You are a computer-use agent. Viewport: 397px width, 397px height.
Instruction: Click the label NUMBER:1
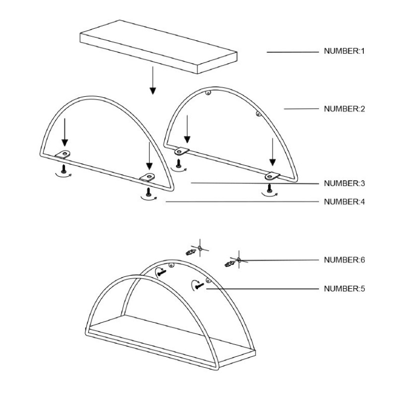pyautogui.click(x=344, y=51)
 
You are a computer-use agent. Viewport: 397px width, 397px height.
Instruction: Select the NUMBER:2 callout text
pyautogui.click(x=344, y=109)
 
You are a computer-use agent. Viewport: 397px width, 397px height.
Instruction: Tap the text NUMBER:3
pyautogui.click(x=344, y=183)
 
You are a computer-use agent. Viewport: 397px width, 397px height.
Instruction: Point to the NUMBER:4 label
pyautogui.click(x=344, y=201)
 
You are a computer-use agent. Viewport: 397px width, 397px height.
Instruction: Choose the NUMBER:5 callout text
pyautogui.click(x=344, y=288)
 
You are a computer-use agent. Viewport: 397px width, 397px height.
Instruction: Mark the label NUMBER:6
pyautogui.click(x=344, y=260)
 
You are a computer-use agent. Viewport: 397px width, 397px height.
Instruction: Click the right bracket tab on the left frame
pyautogui.click(x=148, y=177)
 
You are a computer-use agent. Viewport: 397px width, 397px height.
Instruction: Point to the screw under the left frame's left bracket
pyautogui.click(x=63, y=169)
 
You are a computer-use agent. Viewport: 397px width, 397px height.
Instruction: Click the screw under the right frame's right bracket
pyautogui.click(x=269, y=188)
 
